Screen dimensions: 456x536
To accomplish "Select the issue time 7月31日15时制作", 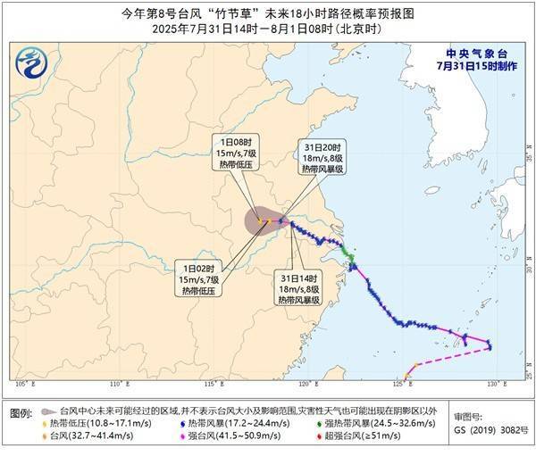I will pos(478,65).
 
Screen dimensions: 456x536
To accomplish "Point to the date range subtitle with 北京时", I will pos(268,30).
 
